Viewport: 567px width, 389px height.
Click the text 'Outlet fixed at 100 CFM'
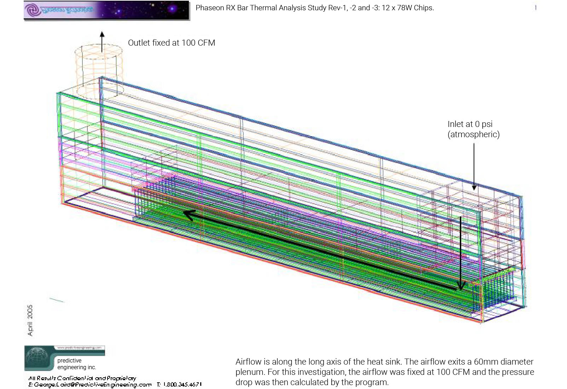pyautogui.click(x=171, y=43)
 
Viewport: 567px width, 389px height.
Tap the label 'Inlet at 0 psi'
pyautogui.click(x=470, y=124)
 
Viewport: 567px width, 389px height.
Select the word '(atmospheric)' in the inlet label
pyautogui.click(x=473, y=134)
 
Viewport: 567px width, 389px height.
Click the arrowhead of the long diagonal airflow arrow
pyautogui.click(x=189, y=214)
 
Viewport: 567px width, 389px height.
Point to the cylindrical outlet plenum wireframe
pyautogui.click(x=99, y=71)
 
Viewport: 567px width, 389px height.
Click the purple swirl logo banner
pyautogui.click(x=106, y=10)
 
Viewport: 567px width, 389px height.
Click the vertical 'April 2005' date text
pyautogui.click(x=30, y=320)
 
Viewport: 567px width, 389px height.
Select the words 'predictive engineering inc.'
pyautogui.click(x=76, y=364)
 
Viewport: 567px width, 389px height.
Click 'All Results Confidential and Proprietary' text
pyautogui.click(x=82, y=378)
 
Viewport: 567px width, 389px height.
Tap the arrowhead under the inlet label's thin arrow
pyautogui.click(x=474, y=187)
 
